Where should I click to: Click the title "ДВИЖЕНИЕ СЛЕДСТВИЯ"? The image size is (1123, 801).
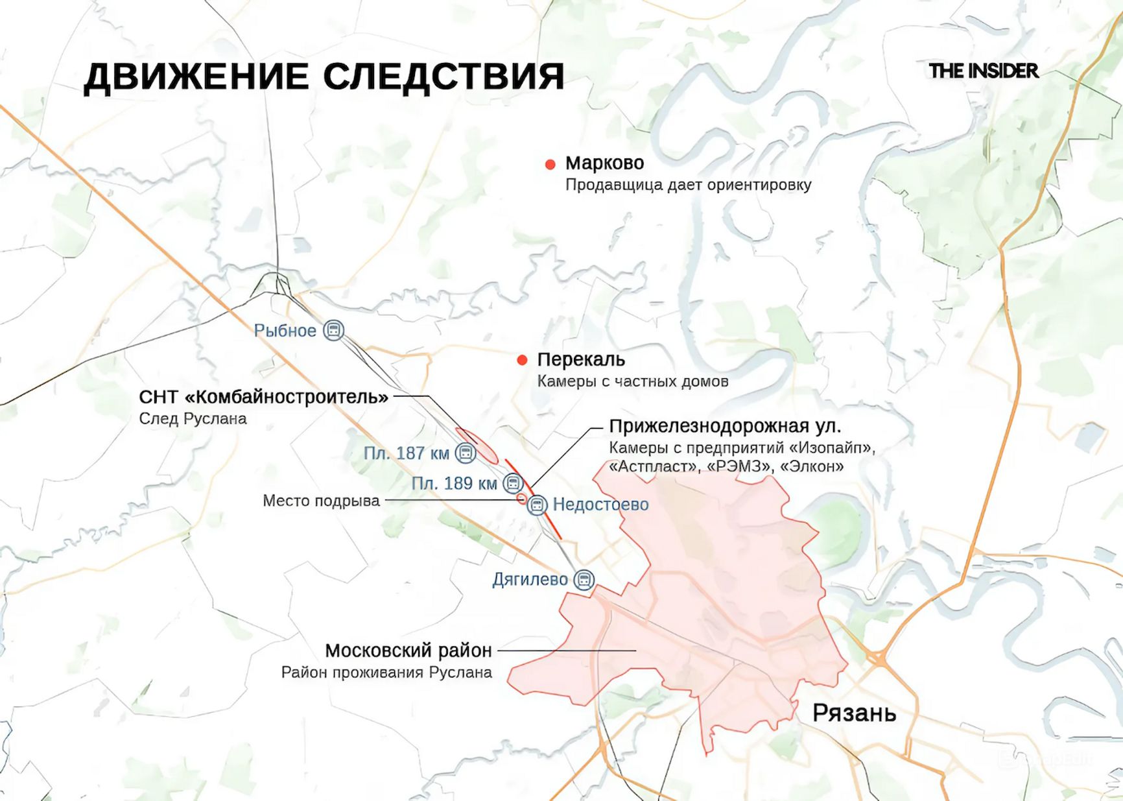324,77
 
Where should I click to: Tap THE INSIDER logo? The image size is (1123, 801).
984,71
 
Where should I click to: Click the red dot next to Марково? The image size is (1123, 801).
550,165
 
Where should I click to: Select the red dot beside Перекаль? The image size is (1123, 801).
522,361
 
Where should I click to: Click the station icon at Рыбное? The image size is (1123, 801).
333,330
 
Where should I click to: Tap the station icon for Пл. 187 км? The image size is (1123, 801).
465,453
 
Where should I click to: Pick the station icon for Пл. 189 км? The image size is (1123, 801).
513,483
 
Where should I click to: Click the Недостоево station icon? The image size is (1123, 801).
537,505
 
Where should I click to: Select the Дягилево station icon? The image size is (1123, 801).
584,580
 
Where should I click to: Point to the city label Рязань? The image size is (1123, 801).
854,713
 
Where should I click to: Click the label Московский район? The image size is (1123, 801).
408,651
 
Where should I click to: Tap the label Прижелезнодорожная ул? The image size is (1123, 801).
725,427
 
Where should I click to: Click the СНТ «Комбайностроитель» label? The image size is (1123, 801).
264,397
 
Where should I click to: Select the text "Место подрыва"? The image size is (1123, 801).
321,501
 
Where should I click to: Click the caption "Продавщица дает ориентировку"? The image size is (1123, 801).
688,185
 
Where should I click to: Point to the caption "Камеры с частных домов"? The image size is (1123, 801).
632,381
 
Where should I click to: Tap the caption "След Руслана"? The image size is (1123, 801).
193,419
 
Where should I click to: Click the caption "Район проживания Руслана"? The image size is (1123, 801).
386,673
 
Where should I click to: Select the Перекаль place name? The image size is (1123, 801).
581,360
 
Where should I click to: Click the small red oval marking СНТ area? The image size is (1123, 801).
477,445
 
